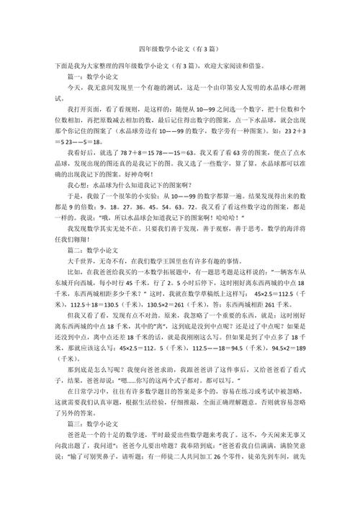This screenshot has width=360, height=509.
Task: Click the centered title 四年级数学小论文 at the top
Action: click(x=179, y=52)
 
